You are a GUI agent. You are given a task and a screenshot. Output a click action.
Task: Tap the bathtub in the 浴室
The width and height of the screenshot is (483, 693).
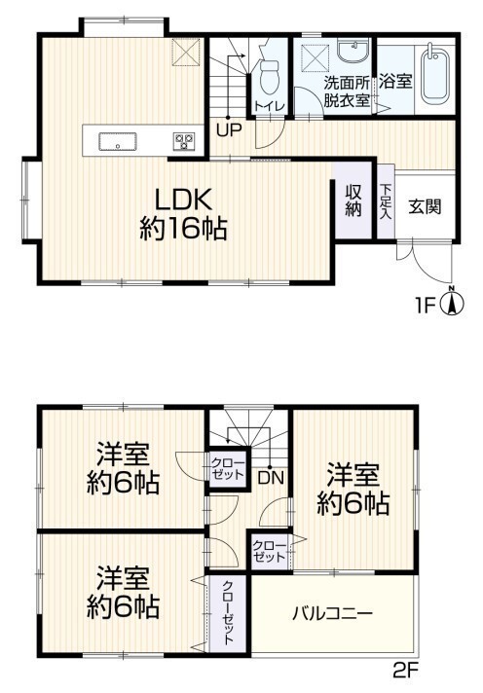coord(435,74)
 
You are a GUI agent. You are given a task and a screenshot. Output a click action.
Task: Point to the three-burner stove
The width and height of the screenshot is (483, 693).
coord(184,141)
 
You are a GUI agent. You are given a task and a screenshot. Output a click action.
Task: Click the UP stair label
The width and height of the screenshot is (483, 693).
coord(229,129)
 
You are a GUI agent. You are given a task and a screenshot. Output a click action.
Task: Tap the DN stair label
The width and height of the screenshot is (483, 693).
coord(271,478)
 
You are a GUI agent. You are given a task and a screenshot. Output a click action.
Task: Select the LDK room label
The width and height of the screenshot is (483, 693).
coord(182,201)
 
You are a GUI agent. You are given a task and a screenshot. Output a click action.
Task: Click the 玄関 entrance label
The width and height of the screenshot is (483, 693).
coord(425,206)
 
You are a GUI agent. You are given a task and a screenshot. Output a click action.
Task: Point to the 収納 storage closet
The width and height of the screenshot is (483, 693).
coord(353,200)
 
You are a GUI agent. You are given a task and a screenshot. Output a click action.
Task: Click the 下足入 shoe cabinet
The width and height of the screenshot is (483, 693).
coord(386,202)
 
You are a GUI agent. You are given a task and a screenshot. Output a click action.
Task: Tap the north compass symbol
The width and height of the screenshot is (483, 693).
coord(452,303)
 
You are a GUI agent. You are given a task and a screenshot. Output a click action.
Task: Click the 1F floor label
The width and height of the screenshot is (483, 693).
coord(426,305)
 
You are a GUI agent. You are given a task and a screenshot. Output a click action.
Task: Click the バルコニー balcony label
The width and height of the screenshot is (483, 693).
coord(332,613)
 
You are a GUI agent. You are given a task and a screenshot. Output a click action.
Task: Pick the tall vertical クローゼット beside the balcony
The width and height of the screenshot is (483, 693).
coord(228,612)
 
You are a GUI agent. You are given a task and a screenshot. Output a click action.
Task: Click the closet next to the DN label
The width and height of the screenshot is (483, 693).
coord(227,469)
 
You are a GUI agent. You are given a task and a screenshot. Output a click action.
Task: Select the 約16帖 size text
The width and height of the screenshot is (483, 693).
coord(183,229)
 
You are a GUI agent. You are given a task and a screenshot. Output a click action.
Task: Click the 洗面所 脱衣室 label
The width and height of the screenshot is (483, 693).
coord(347,91)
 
